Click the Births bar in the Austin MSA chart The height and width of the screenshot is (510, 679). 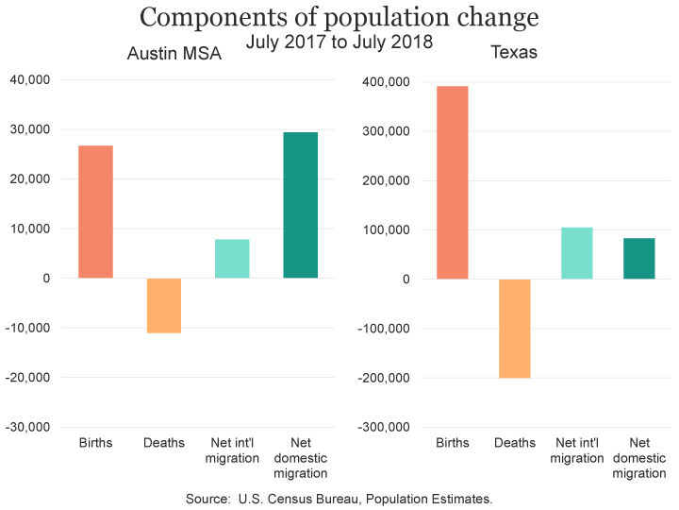96,212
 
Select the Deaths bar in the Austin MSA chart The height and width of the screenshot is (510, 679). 164,305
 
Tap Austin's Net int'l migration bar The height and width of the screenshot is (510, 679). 232,259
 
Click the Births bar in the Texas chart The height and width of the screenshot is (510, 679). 452,182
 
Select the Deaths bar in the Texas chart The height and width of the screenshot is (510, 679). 514,328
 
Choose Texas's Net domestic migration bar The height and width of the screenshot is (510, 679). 638,258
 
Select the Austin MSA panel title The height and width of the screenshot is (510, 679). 174,54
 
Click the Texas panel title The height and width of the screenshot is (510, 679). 514,52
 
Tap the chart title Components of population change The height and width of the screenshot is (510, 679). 339,18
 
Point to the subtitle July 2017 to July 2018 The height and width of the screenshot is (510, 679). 339,42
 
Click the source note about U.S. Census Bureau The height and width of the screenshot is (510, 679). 339,498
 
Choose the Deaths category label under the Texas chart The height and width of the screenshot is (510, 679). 514,443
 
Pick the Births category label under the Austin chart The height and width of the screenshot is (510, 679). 96,443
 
